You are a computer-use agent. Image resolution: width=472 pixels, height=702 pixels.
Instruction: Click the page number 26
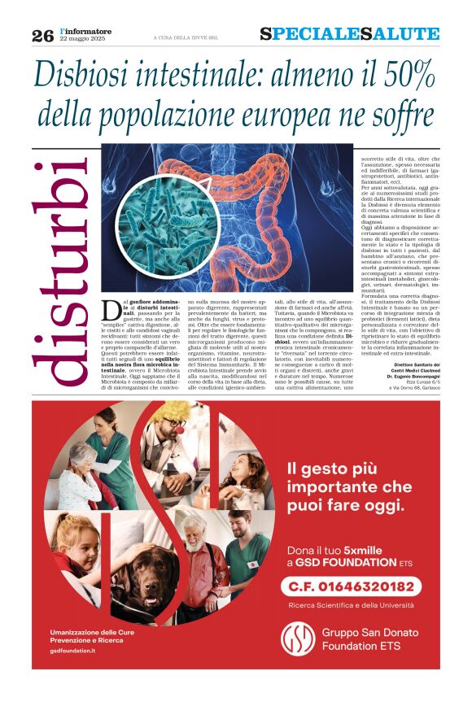coord(42,35)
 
